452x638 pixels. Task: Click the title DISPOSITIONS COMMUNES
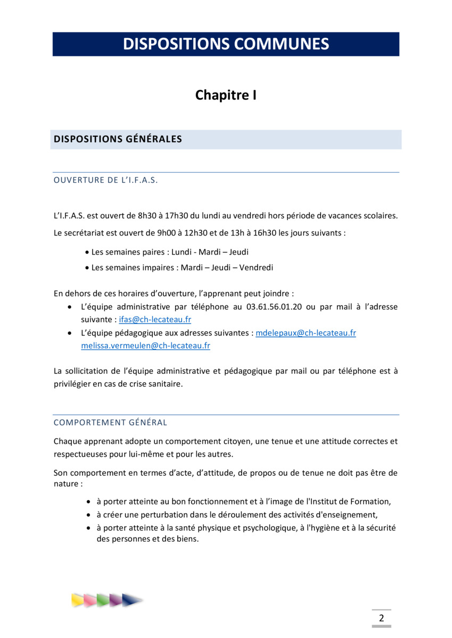226,44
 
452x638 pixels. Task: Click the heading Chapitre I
226,95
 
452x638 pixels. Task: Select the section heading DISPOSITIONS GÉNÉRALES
118,139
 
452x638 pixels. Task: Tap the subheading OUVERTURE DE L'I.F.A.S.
106,180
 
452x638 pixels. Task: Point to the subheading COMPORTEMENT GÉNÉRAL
110,423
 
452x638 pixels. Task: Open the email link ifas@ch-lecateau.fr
155,320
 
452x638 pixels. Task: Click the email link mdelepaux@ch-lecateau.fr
306,333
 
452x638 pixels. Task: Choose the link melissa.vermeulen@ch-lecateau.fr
145,346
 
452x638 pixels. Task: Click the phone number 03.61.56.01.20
275,307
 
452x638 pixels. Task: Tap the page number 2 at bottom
381,618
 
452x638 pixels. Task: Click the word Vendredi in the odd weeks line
256,267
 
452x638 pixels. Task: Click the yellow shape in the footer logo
78,600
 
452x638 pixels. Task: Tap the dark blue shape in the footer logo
130,600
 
